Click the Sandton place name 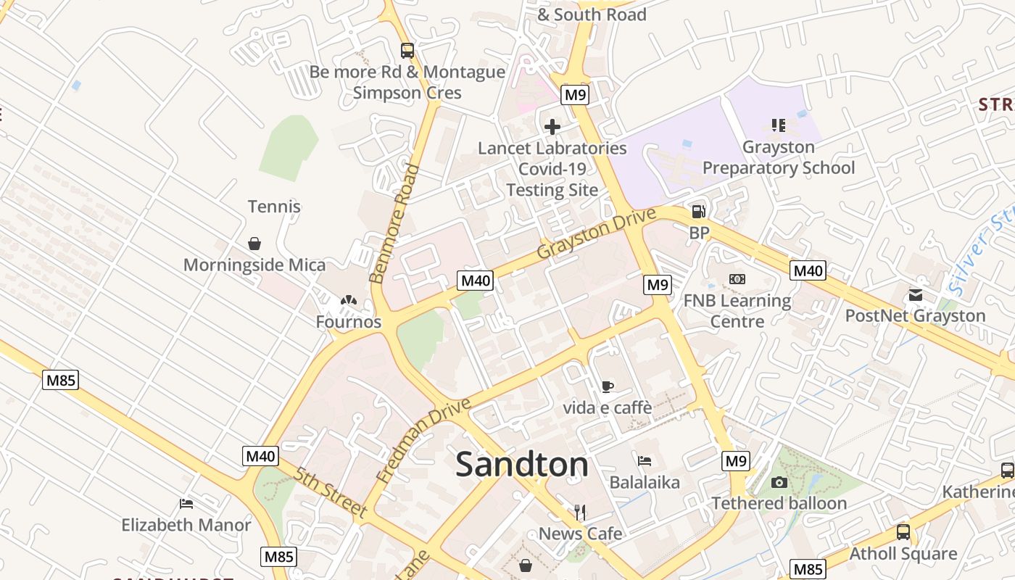coord(522,465)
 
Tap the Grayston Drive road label coord(596,233)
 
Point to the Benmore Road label coord(394,224)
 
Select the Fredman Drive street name coord(423,440)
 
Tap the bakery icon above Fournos coord(349,299)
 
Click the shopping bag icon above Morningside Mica coord(254,244)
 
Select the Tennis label coord(274,207)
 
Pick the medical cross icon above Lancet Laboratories coord(552,127)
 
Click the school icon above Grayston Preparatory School coord(779,125)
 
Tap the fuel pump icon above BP coord(699,212)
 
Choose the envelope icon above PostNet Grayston coord(915,294)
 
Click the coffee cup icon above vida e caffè coord(608,386)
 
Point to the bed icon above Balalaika coord(645,460)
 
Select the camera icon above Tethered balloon coord(779,482)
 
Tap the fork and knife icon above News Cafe coord(580,513)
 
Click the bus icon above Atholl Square coord(903,532)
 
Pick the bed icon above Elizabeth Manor coord(186,503)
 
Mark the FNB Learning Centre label coord(737,310)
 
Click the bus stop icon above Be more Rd coord(407,51)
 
